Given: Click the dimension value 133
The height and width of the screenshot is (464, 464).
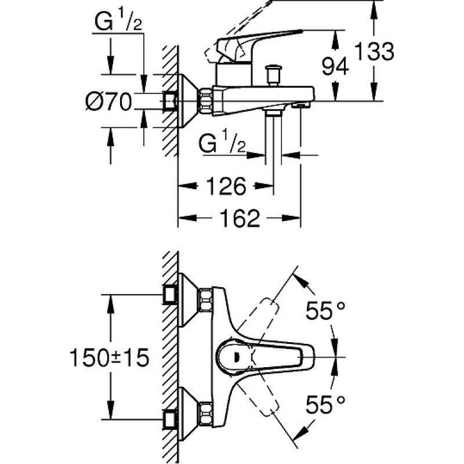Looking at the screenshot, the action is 374,52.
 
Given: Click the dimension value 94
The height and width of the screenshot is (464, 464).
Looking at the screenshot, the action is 335,66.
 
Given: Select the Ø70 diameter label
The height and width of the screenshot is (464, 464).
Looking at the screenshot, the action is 108,101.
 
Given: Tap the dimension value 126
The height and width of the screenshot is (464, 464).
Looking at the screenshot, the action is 226,186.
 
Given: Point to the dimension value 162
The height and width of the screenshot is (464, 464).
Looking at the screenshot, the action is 240,218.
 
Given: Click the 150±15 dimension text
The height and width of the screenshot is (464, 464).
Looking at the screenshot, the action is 109,357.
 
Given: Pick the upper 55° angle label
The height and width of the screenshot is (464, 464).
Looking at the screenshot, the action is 325,310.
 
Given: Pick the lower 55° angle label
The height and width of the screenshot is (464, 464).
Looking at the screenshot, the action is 325,404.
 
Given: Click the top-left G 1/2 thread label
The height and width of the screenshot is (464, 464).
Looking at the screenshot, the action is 118,21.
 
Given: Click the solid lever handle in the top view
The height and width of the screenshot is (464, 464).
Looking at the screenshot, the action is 266,357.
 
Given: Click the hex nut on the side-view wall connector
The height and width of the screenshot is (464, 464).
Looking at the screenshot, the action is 206,101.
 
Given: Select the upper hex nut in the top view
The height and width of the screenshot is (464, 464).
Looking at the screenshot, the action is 206,300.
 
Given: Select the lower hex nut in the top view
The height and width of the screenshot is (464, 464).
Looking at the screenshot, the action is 206,414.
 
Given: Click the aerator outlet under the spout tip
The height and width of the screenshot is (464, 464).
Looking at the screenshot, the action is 300,105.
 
